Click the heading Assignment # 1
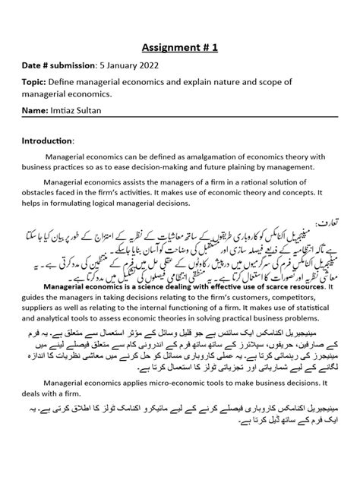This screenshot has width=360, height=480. click(x=179, y=47)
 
